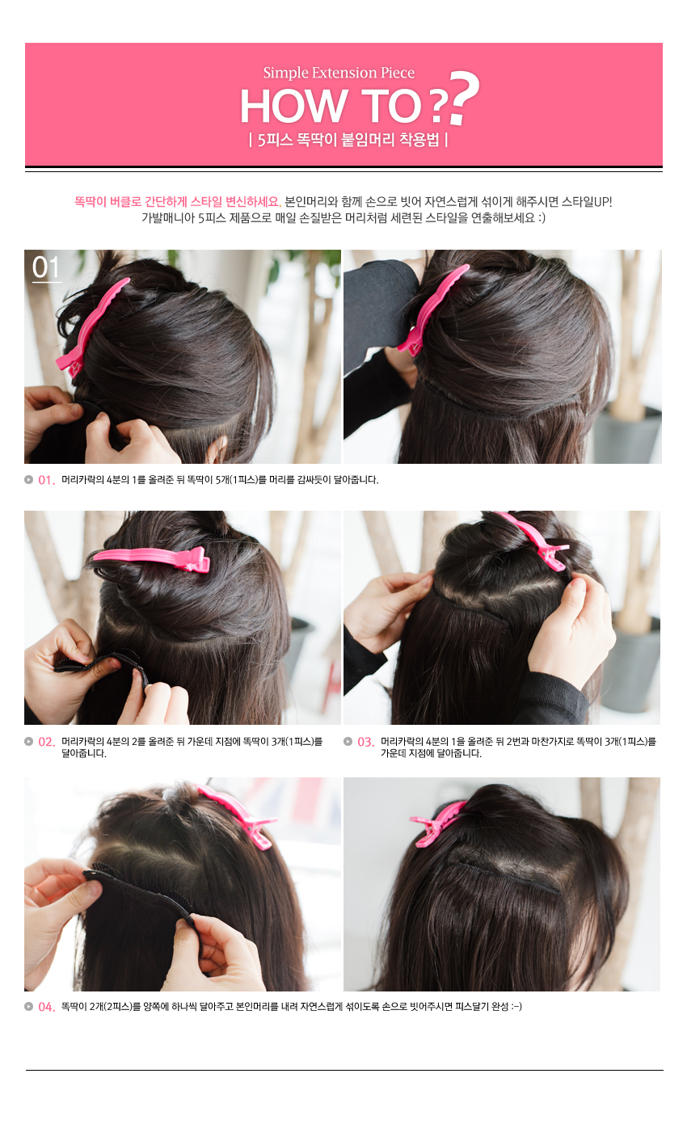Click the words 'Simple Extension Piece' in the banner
pyautogui.click(x=339, y=73)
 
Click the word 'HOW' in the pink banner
pyautogui.click(x=293, y=106)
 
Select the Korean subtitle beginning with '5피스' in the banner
pyautogui.click(x=348, y=140)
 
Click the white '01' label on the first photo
pyautogui.click(x=46, y=267)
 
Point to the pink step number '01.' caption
pyautogui.click(x=47, y=480)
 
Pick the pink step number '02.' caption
pyautogui.click(x=47, y=742)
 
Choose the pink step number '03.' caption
pyautogui.click(x=366, y=742)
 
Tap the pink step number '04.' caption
pyautogui.click(x=47, y=1007)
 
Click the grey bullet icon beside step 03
pyautogui.click(x=348, y=741)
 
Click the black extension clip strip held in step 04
pyautogui.click(x=141, y=892)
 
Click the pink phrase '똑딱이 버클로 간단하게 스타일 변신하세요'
pyautogui.click(x=177, y=202)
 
